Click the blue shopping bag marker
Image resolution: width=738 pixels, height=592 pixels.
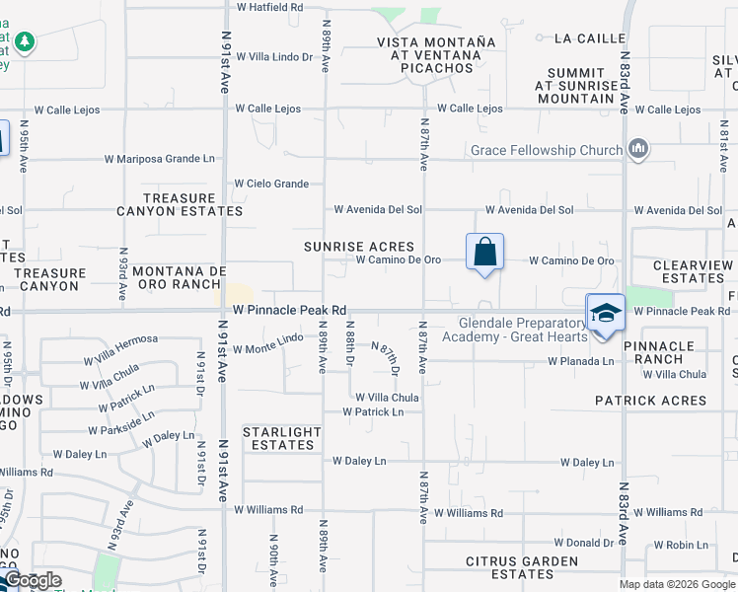(484, 253)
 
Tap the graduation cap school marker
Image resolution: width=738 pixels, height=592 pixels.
(605, 314)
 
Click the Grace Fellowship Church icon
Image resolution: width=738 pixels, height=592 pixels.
(638, 149)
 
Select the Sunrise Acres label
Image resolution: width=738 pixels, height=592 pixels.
(358, 247)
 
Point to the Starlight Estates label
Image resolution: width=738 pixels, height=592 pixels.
(282, 438)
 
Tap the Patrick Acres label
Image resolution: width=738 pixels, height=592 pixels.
(650, 401)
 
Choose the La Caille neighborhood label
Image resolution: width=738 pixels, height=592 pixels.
(590, 38)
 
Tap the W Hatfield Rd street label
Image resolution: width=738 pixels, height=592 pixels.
(269, 7)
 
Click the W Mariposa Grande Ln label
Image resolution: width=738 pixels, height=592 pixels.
(160, 158)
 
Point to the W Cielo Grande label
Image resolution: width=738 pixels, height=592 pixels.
(271, 184)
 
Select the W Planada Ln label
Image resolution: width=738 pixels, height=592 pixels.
(580, 361)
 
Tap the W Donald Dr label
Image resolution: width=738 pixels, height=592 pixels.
(584, 543)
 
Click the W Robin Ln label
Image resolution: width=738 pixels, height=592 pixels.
(681, 545)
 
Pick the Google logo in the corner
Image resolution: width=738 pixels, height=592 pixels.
(32, 580)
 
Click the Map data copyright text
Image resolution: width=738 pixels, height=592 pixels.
(677, 584)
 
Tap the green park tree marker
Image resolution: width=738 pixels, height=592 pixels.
(25, 42)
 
